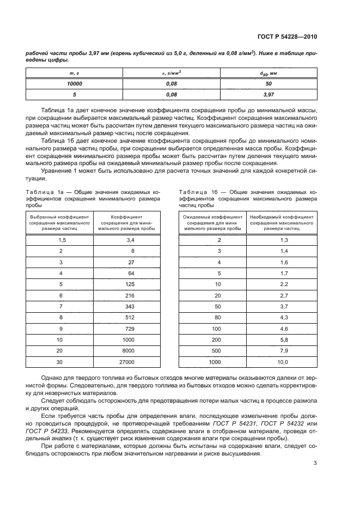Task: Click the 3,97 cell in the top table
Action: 269,94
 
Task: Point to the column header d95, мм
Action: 269,74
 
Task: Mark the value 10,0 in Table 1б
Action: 283,361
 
